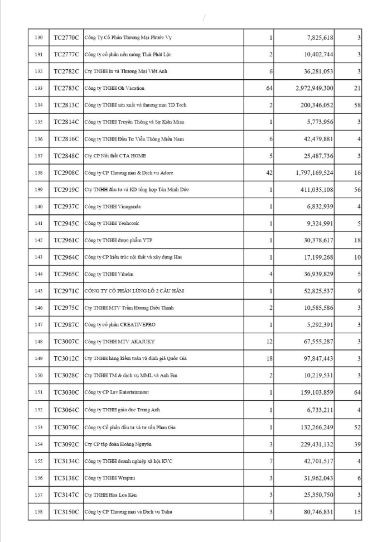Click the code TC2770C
point(66,37)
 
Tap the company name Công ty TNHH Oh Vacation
point(114,88)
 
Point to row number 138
point(38,173)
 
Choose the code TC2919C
point(66,190)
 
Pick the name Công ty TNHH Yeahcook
point(112,223)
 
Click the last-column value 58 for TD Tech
point(357,105)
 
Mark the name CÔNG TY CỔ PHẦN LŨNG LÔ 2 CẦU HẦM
point(134,291)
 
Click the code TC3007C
point(66,342)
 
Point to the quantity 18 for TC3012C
point(269,359)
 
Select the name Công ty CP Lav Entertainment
point(117,393)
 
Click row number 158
point(38,511)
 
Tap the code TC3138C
point(66,478)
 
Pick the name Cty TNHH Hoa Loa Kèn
point(110,495)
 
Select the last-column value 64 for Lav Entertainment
point(357,393)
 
